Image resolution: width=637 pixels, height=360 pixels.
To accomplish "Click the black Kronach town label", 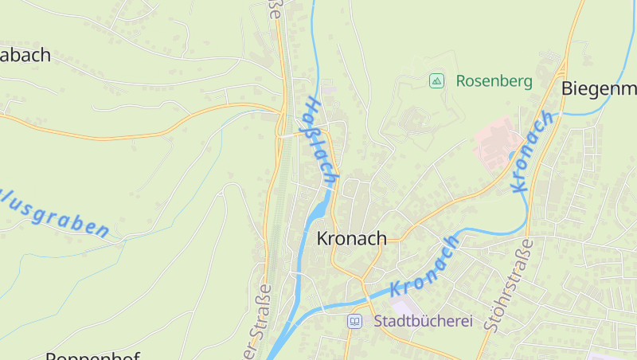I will click(351, 238).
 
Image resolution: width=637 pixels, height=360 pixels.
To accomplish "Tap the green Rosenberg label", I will click(494, 80).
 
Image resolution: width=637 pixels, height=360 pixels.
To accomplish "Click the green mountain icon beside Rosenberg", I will click(436, 80).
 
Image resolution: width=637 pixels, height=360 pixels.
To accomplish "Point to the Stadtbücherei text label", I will click(422, 322).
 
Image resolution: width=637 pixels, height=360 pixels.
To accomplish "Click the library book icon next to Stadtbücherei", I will click(354, 322).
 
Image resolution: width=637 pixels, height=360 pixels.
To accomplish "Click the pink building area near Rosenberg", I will click(497, 141).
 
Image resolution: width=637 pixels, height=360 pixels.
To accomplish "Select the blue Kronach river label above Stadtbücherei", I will click(425, 267).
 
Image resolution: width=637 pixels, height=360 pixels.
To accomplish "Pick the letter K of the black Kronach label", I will click(322, 238).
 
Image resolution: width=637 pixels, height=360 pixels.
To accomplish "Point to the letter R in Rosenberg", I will click(461, 80).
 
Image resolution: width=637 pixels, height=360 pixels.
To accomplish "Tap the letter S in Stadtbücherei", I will click(377, 322).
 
